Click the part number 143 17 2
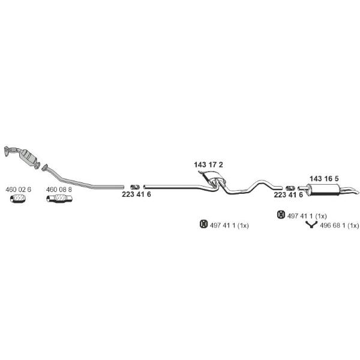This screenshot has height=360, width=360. point(208,164)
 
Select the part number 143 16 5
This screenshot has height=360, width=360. point(324,178)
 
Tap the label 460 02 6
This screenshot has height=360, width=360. point(18,190)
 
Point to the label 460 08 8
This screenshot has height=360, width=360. point(59,190)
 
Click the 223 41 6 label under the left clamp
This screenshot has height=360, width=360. point(136,194)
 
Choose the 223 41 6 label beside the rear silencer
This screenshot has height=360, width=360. point(289,194)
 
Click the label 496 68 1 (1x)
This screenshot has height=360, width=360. point(339,226)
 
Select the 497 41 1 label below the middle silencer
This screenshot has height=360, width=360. point(229,226)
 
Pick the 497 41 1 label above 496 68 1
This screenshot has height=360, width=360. point(307,216)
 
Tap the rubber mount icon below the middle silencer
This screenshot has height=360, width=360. point(203,224)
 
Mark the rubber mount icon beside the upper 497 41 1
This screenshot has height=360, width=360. point(281,215)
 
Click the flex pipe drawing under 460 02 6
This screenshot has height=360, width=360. point(18,199)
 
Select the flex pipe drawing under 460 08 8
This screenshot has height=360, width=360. point(59,199)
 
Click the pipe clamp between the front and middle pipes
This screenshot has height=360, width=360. point(135,187)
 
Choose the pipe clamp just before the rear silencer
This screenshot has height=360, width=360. point(290,188)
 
